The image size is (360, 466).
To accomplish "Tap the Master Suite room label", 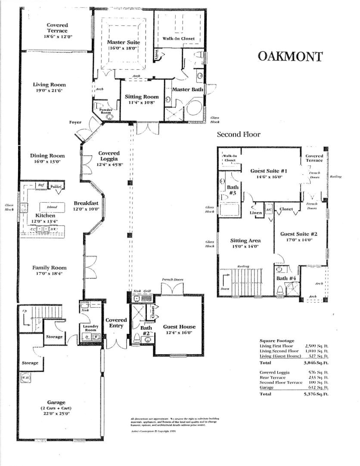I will [123, 42].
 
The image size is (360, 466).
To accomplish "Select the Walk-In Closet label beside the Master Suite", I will [178, 39].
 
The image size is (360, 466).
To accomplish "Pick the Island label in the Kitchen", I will [52, 207].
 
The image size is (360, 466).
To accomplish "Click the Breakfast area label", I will [86, 203].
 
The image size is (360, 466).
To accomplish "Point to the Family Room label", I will [50, 268].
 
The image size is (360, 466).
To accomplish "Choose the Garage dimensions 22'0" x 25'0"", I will [56, 414].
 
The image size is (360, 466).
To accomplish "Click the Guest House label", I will [179, 327].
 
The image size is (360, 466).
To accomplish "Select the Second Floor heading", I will [238, 134].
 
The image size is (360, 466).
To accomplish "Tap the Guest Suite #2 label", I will [298, 234].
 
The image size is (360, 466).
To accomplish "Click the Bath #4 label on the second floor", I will [286, 278].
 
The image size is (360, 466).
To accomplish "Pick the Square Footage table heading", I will [277, 340].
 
